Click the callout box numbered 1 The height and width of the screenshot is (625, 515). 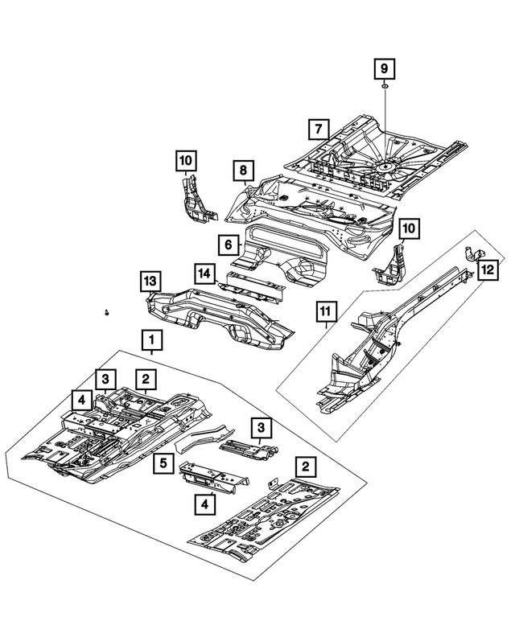[x=153, y=339]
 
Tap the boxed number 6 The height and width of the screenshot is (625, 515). [x=228, y=244]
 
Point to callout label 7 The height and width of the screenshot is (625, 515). [x=319, y=129]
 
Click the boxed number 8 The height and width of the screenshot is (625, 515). [x=241, y=171]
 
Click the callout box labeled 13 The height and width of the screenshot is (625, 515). [x=148, y=281]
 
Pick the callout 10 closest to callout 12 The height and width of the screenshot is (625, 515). [x=410, y=230]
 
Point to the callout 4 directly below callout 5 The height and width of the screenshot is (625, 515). [x=204, y=504]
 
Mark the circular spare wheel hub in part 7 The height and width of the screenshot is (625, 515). [x=385, y=165]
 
